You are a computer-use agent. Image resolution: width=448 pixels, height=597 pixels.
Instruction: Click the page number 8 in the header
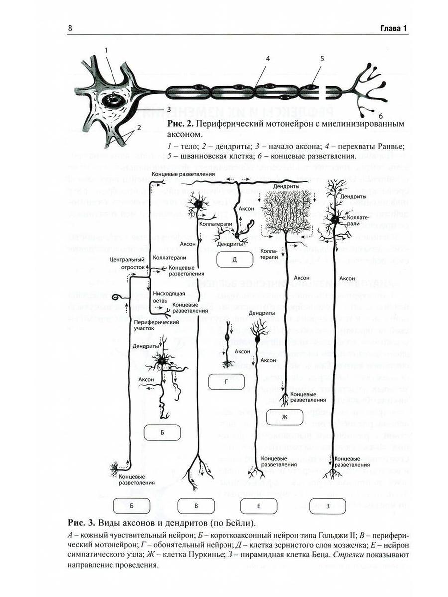click(70, 28)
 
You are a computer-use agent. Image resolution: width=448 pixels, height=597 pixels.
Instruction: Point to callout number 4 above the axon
click(267, 58)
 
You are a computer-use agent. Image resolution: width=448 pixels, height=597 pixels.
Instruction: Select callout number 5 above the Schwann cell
click(322, 58)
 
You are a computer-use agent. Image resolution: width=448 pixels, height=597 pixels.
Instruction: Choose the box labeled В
click(196, 506)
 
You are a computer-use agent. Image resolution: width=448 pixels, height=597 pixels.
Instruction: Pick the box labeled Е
click(259, 506)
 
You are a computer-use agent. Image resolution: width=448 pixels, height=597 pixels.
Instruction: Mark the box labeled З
click(327, 506)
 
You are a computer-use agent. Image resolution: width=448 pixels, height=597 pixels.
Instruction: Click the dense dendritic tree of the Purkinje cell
click(287, 209)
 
